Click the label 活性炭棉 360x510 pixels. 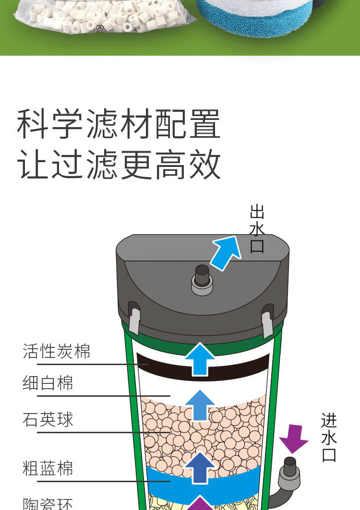tap(57, 352)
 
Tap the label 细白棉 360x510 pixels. tap(48, 384)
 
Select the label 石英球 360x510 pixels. tap(48, 420)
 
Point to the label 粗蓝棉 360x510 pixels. tap(48, 468)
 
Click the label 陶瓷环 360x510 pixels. tap(48, 504)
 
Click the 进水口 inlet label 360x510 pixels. tap(329, 437)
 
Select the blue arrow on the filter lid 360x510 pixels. tap(225, 252)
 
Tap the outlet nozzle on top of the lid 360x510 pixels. tap(202, 280)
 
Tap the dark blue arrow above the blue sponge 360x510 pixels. tap(200, 468)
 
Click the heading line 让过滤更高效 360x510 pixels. tap(119, 165)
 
